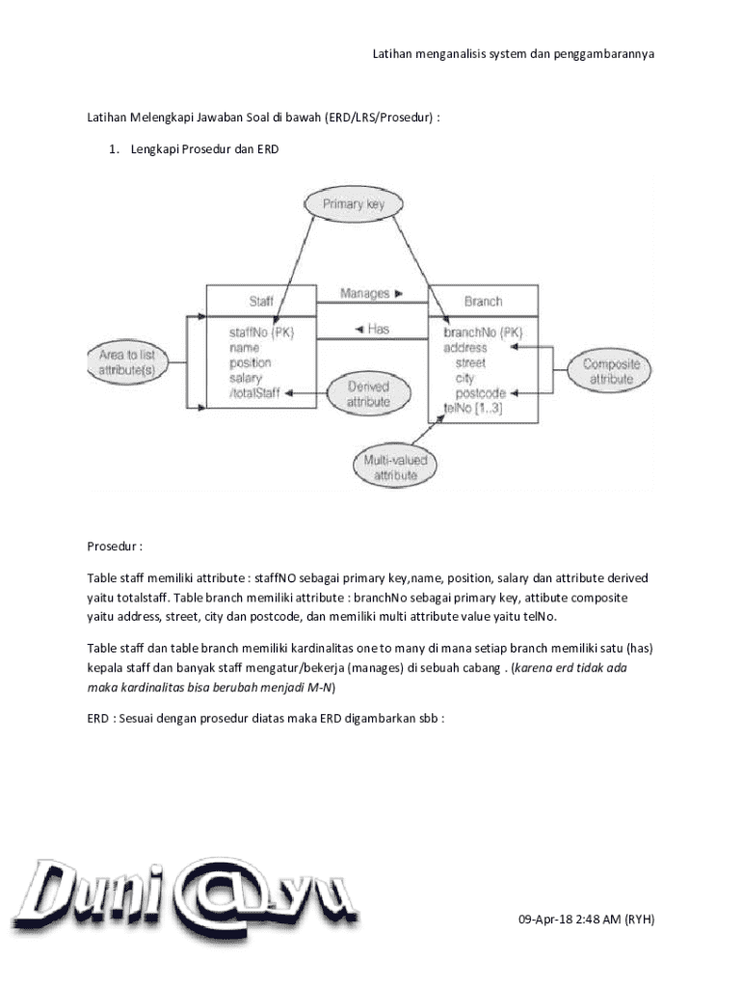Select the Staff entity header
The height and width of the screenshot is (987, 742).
[261, 302]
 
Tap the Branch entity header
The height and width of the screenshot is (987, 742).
[483, 302]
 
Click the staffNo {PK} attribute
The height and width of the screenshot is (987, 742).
[262, 333]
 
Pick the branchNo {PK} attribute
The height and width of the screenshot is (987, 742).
[484, 333]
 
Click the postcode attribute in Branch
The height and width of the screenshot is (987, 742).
[480, 393]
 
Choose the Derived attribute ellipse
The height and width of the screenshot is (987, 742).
[367, 393]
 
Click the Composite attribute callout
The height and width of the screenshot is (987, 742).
[611, 372]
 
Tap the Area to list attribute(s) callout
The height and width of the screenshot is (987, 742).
[127, 362]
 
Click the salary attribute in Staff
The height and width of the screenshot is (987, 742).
[245, 379]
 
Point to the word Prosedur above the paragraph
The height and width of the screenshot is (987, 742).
[115, 547]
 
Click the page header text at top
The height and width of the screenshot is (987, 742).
[514, 54]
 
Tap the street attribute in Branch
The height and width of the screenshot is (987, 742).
[470, 363]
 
